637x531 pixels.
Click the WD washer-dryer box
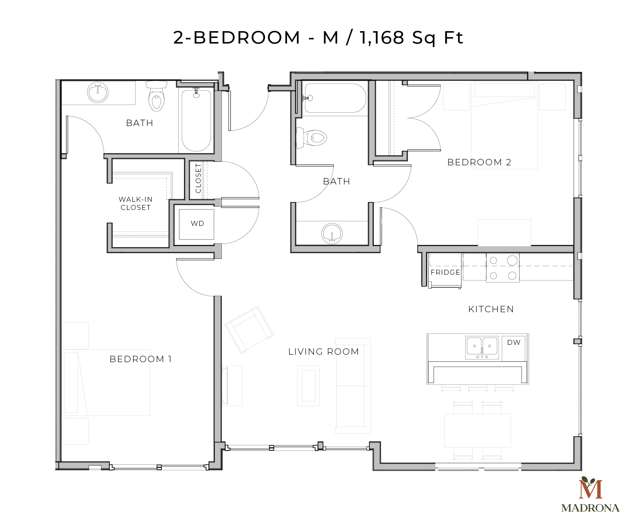point(197,224)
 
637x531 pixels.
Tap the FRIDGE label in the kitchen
point(445,272)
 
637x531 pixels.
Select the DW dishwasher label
point(514,342)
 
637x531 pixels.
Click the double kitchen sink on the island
point(482,348)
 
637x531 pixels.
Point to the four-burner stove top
point(503,268)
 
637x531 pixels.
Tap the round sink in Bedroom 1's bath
point(98,93)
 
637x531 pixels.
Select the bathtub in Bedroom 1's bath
point(196,120)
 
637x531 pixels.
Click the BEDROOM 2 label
point(479,162)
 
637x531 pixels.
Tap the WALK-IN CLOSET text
point(136,204)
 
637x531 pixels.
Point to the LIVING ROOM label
point(323,352)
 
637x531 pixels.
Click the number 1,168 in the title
point(381,38)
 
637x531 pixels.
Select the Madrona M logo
point(590,489)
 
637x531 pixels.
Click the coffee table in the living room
point(309,386)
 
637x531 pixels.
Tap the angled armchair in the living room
point(249,330)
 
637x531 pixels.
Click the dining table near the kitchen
point(477,430)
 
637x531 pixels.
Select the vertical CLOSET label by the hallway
point(198,178)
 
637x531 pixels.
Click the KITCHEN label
point(491,309)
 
